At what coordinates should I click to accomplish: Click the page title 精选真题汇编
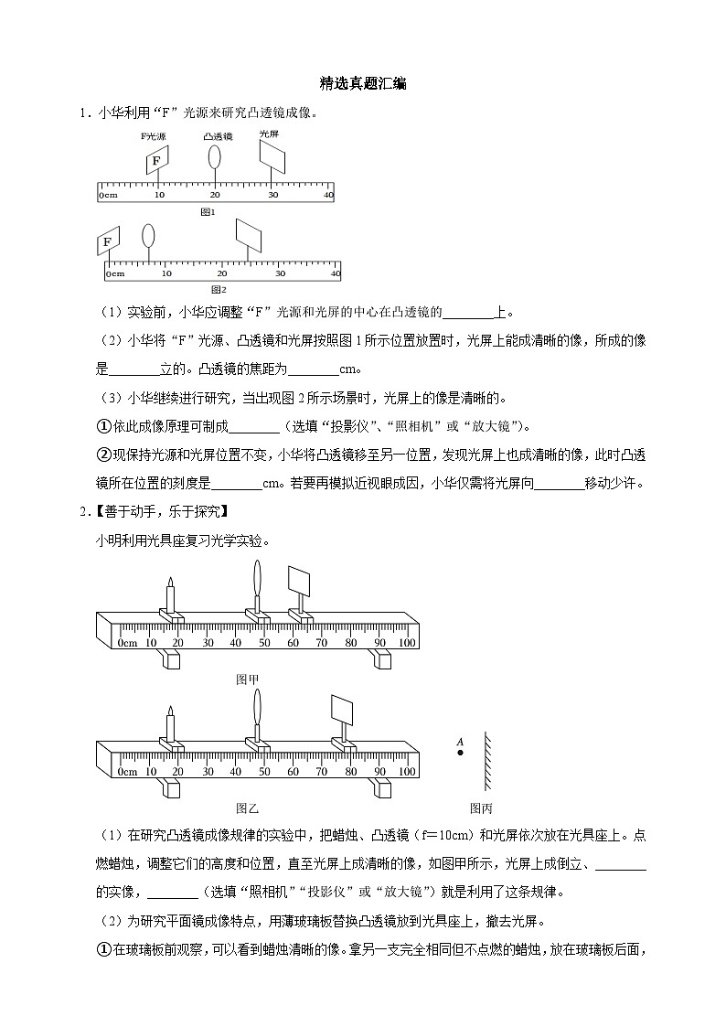point(363,83)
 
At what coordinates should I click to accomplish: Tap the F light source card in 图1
point(156,161)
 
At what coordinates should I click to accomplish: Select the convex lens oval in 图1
point(214,156)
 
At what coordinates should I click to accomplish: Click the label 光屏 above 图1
point(269,134)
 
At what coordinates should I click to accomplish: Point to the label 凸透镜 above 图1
point(217,135)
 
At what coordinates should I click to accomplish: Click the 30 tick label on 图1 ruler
point(272,196)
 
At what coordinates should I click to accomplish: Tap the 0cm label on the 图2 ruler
point(114,273)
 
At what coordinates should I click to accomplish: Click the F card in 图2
point(108,241)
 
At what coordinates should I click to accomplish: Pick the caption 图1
point(208,211)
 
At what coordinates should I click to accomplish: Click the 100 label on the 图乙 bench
point(407,772)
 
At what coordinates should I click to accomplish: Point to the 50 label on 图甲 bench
point(264,643)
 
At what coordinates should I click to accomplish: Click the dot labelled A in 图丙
point(459,753)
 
